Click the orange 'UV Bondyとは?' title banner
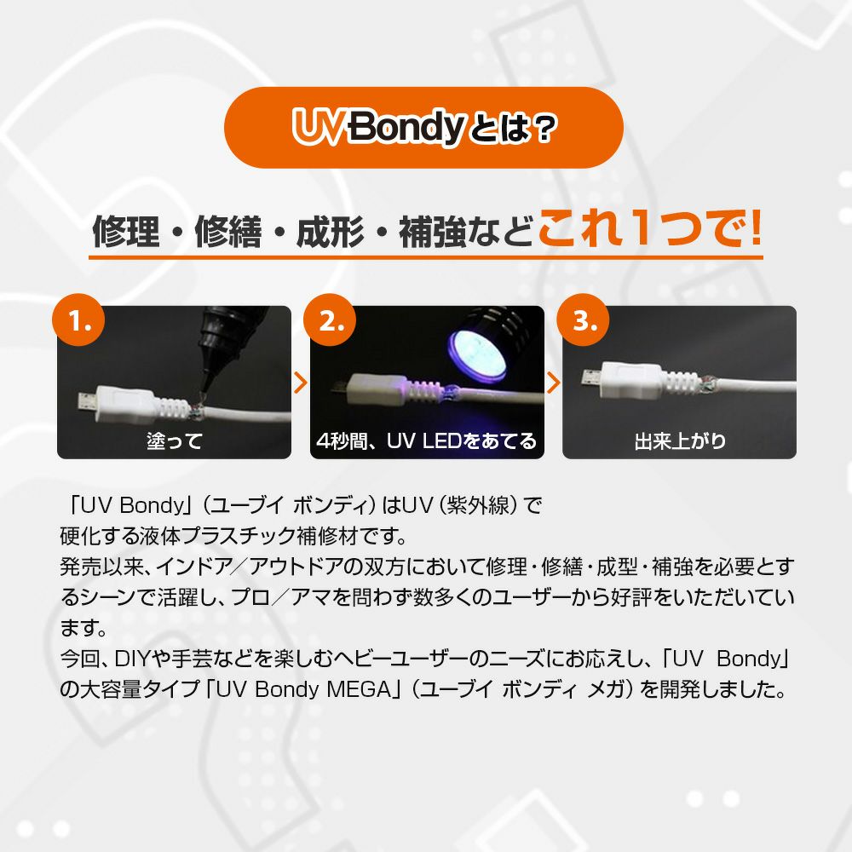[x=423, y=128]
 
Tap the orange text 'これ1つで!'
[x=650, y=228]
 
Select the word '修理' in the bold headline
[x=126, y=232]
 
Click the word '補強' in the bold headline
[x=432, y=232]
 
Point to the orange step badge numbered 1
[x=78, y=320]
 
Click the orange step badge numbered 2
[x=330, y=320]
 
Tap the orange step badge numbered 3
[x=583, y=320]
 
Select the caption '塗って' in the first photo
[x=175, y=440]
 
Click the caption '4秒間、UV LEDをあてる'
[x=427, y=440]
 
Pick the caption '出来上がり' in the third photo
[x=680, y=440]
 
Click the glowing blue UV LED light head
[x=478, y=347]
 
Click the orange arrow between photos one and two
[x=301, y=383]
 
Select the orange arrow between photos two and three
[x=553, y=383]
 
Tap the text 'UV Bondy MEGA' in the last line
[x=304, y=689]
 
